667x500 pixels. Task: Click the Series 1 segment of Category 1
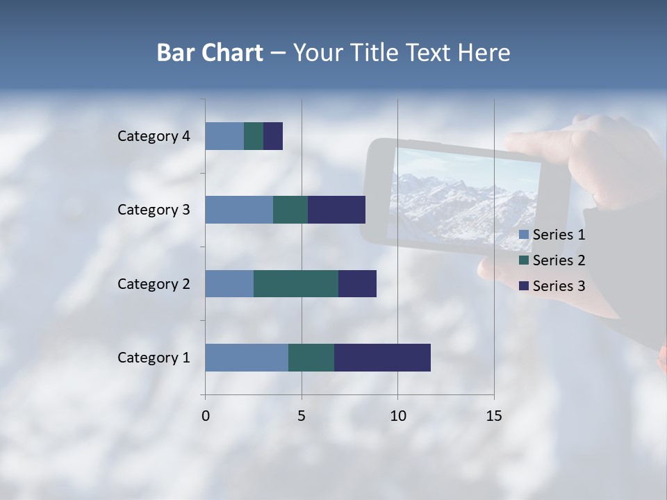[x=247, y=358]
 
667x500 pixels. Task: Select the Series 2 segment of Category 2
[x=296, y=283]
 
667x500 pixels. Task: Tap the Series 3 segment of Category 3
[x=336, y=210]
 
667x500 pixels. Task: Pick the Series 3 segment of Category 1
[x=382, y=358]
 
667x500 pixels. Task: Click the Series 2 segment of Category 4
[x=254, y=136]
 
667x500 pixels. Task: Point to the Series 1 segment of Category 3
[x=239, y=210]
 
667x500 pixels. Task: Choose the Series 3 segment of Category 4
[x=273, y=136]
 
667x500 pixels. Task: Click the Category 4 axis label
[x=154, y=136]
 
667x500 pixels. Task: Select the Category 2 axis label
[x=154, y=283]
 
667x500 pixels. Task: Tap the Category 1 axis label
[x=154, y=358]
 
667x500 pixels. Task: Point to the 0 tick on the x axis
[x=205, y=416]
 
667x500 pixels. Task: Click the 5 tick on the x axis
[x=302, y=416]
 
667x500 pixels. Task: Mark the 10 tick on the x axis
[x=397, y=416]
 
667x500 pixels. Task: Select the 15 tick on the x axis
[x=494, y=416]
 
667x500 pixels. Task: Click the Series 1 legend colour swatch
[x=524, y=235]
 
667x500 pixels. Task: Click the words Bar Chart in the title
[x=210, y=53]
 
